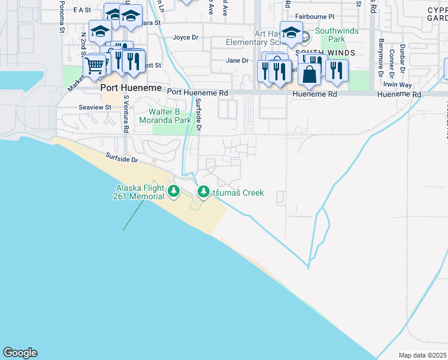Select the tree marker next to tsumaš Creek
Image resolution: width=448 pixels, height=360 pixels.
click(203, 193)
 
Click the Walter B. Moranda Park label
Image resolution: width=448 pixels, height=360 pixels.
click(170, 116)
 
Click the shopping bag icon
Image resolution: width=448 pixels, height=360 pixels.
click(310, 75)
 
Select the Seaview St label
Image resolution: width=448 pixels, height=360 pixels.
click(95, 107)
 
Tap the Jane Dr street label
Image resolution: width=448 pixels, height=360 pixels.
click(237, 60)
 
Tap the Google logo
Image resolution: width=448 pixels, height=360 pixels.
click(20, 353)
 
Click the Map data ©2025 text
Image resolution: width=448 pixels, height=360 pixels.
click(423, 355)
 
